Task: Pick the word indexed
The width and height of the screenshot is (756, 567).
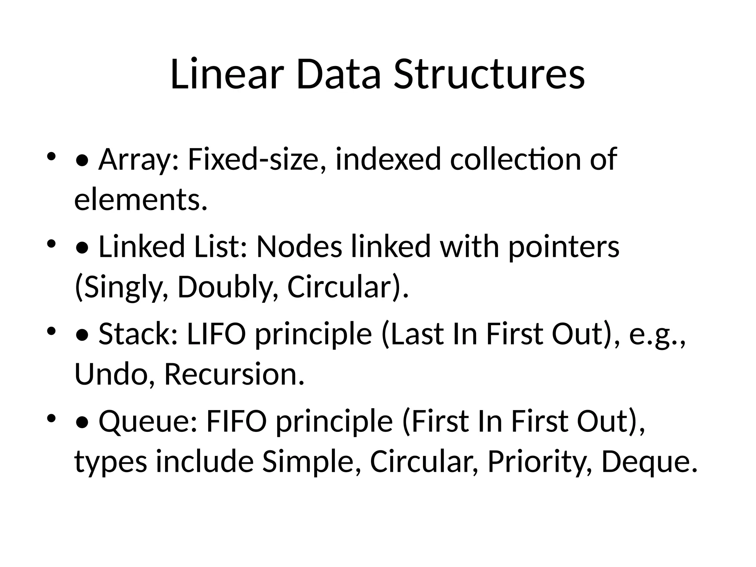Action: coord(388,159)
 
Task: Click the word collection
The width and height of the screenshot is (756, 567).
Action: coord(515,159)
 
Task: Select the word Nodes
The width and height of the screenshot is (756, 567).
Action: coord(299,247)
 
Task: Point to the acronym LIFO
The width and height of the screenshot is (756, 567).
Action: coord(216,334)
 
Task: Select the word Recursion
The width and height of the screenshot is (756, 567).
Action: coord(234,374)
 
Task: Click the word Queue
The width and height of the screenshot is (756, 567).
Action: coord(148,421)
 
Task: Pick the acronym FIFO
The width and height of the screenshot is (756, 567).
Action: coord(236,421)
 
